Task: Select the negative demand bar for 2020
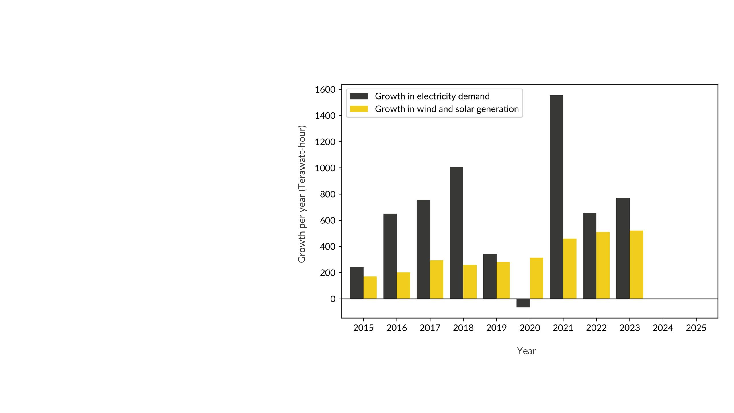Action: click(x=523, y=303)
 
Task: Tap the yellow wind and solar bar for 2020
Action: click(x=536, y=278)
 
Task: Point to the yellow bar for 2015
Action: click(x=370, y=288)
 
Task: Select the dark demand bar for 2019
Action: click(x=490, y=276)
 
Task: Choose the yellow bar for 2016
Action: click(x=403, y=286)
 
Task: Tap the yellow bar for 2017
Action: click(x=436, y=280)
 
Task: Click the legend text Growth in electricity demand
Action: click(x=432, y=96)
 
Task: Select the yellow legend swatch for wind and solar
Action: click(x=359, y=109)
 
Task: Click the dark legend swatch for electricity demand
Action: click(x=359, y=96)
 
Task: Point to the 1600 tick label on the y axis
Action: click(x=325, y=90)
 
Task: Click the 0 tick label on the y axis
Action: click(x=333, y=299)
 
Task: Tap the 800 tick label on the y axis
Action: click(x=327, y=194)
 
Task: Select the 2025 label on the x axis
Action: click(x=696, y=328)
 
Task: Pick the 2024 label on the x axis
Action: click(x=663, y=328)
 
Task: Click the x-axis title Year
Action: click(x=526, y=351)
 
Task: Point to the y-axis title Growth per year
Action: click(x=302, y=194)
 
